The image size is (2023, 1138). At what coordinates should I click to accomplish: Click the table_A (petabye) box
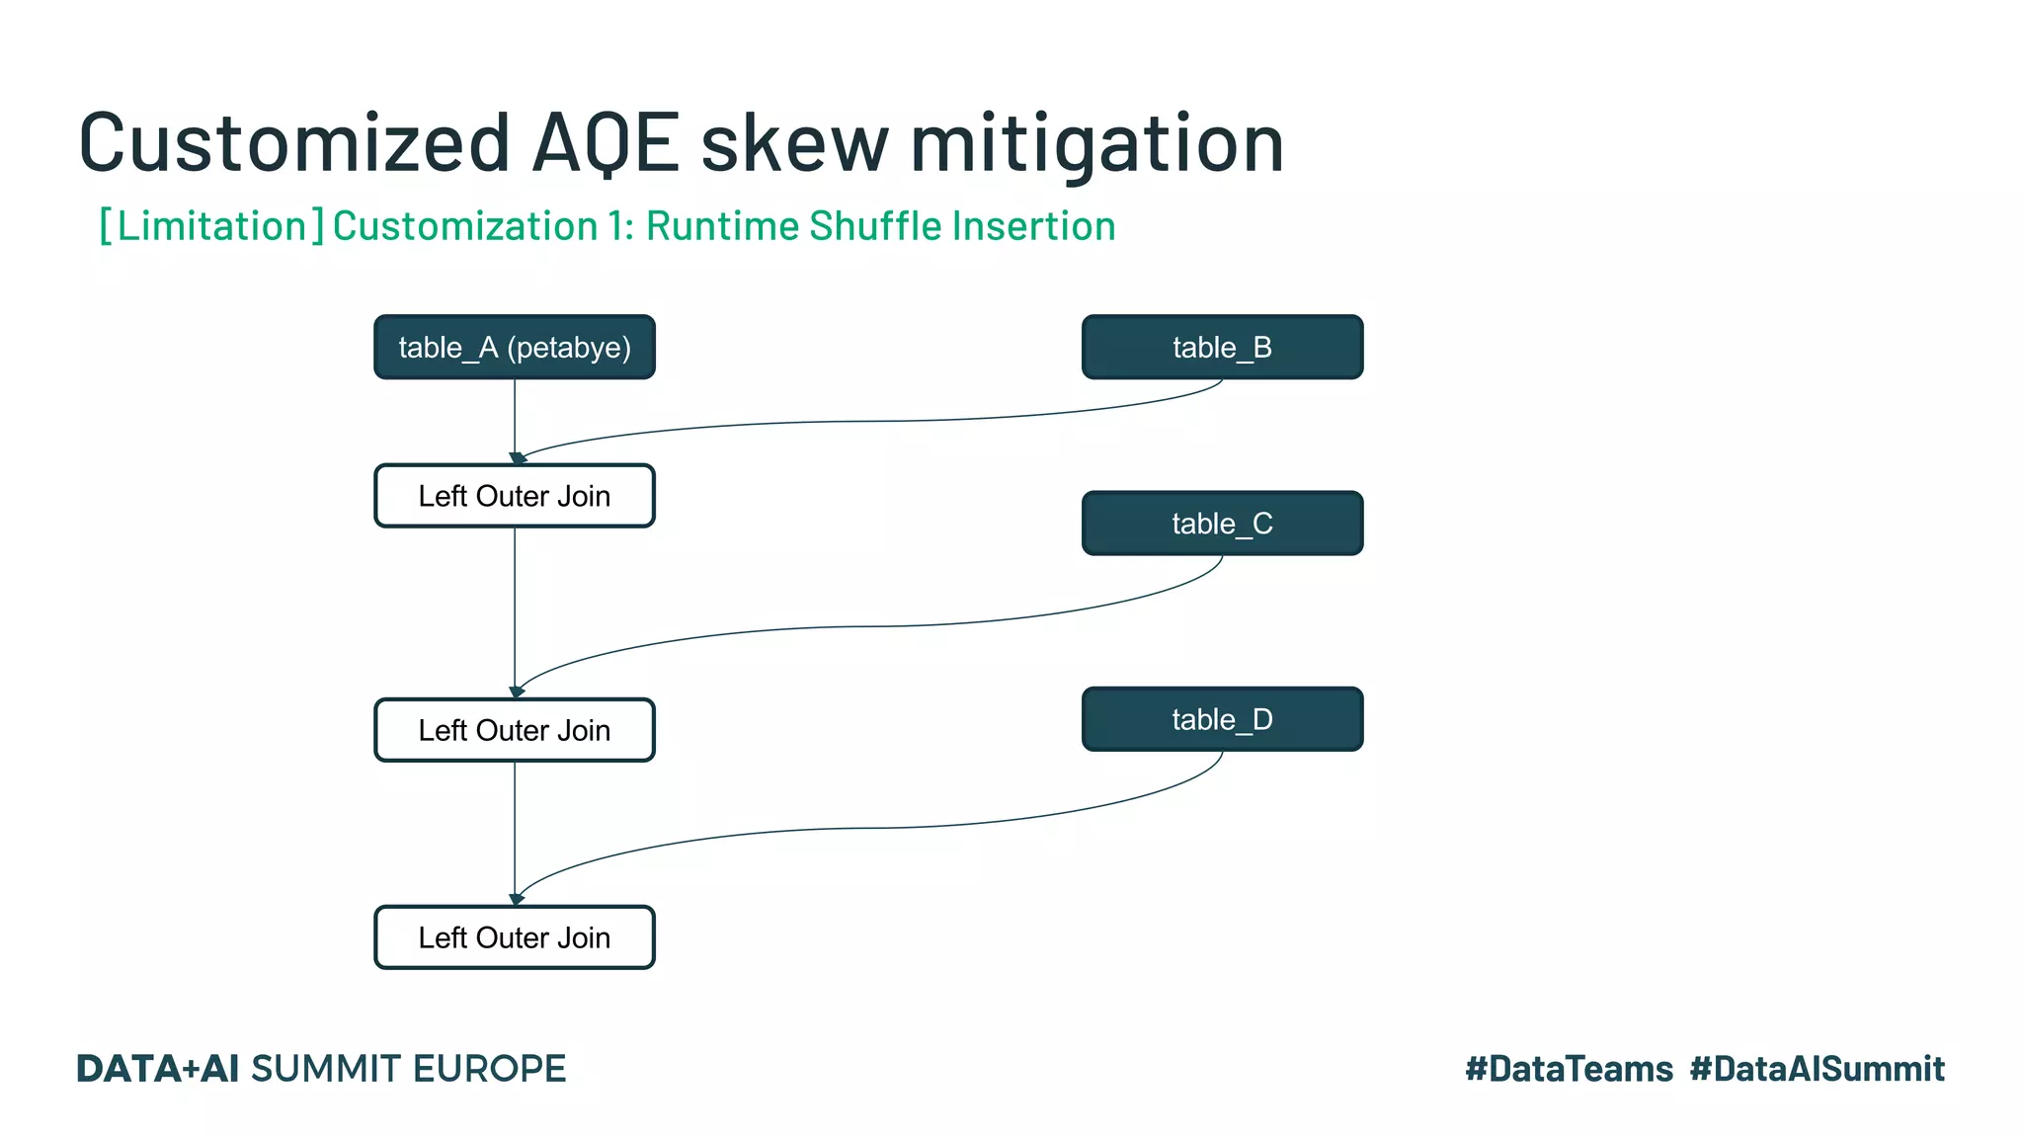click(514, 347)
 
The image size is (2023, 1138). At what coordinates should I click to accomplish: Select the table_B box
click(1222, 347)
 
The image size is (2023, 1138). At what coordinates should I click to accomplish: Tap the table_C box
click(1222, 523)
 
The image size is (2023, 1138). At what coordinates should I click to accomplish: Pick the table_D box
click(1222, 719)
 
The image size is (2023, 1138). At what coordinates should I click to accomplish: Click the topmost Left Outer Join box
click(514, 496)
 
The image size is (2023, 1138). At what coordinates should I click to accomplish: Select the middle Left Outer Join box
click(514, 730)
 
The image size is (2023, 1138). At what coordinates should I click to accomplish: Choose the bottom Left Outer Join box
click(514, 937)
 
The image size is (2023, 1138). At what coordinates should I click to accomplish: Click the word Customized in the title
click(293, 143)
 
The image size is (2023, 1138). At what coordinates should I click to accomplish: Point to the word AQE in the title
click(605, 143)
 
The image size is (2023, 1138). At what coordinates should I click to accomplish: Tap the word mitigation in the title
click(1096, 143)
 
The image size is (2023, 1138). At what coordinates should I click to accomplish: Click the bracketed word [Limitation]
click(211, 226)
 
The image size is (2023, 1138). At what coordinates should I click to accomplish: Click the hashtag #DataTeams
click(1569, 1069)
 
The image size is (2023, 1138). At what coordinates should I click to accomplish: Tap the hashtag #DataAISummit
click(1817, 1069)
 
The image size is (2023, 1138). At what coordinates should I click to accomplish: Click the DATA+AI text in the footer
click(158, 1069)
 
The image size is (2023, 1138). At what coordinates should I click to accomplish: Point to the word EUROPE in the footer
click(489, 1069)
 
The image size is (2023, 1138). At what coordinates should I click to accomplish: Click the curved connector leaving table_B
click(869, 422)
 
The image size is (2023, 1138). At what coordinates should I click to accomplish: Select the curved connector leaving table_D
click(869, 828)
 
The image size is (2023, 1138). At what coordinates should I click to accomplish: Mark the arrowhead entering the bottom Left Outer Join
click(516, 899)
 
